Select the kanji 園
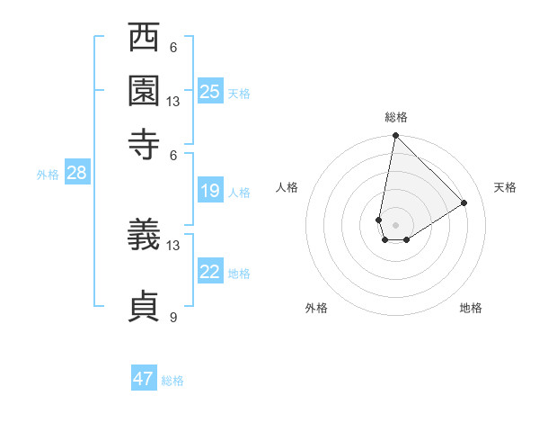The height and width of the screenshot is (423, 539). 145,90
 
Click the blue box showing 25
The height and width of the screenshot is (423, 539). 210,91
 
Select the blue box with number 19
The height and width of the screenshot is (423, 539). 210,191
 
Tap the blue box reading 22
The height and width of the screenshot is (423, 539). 210,272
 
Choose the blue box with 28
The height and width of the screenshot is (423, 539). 76,174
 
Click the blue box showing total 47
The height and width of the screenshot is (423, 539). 144,379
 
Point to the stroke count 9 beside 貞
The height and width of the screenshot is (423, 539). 172,316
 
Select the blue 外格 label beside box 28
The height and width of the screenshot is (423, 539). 47,175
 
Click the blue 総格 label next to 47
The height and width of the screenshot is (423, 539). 172,381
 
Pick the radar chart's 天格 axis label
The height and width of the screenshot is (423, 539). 505,187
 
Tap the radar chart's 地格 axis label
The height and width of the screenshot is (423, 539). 471,308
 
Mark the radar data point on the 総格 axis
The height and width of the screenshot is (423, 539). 395,137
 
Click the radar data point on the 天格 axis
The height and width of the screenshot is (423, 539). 464,202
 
